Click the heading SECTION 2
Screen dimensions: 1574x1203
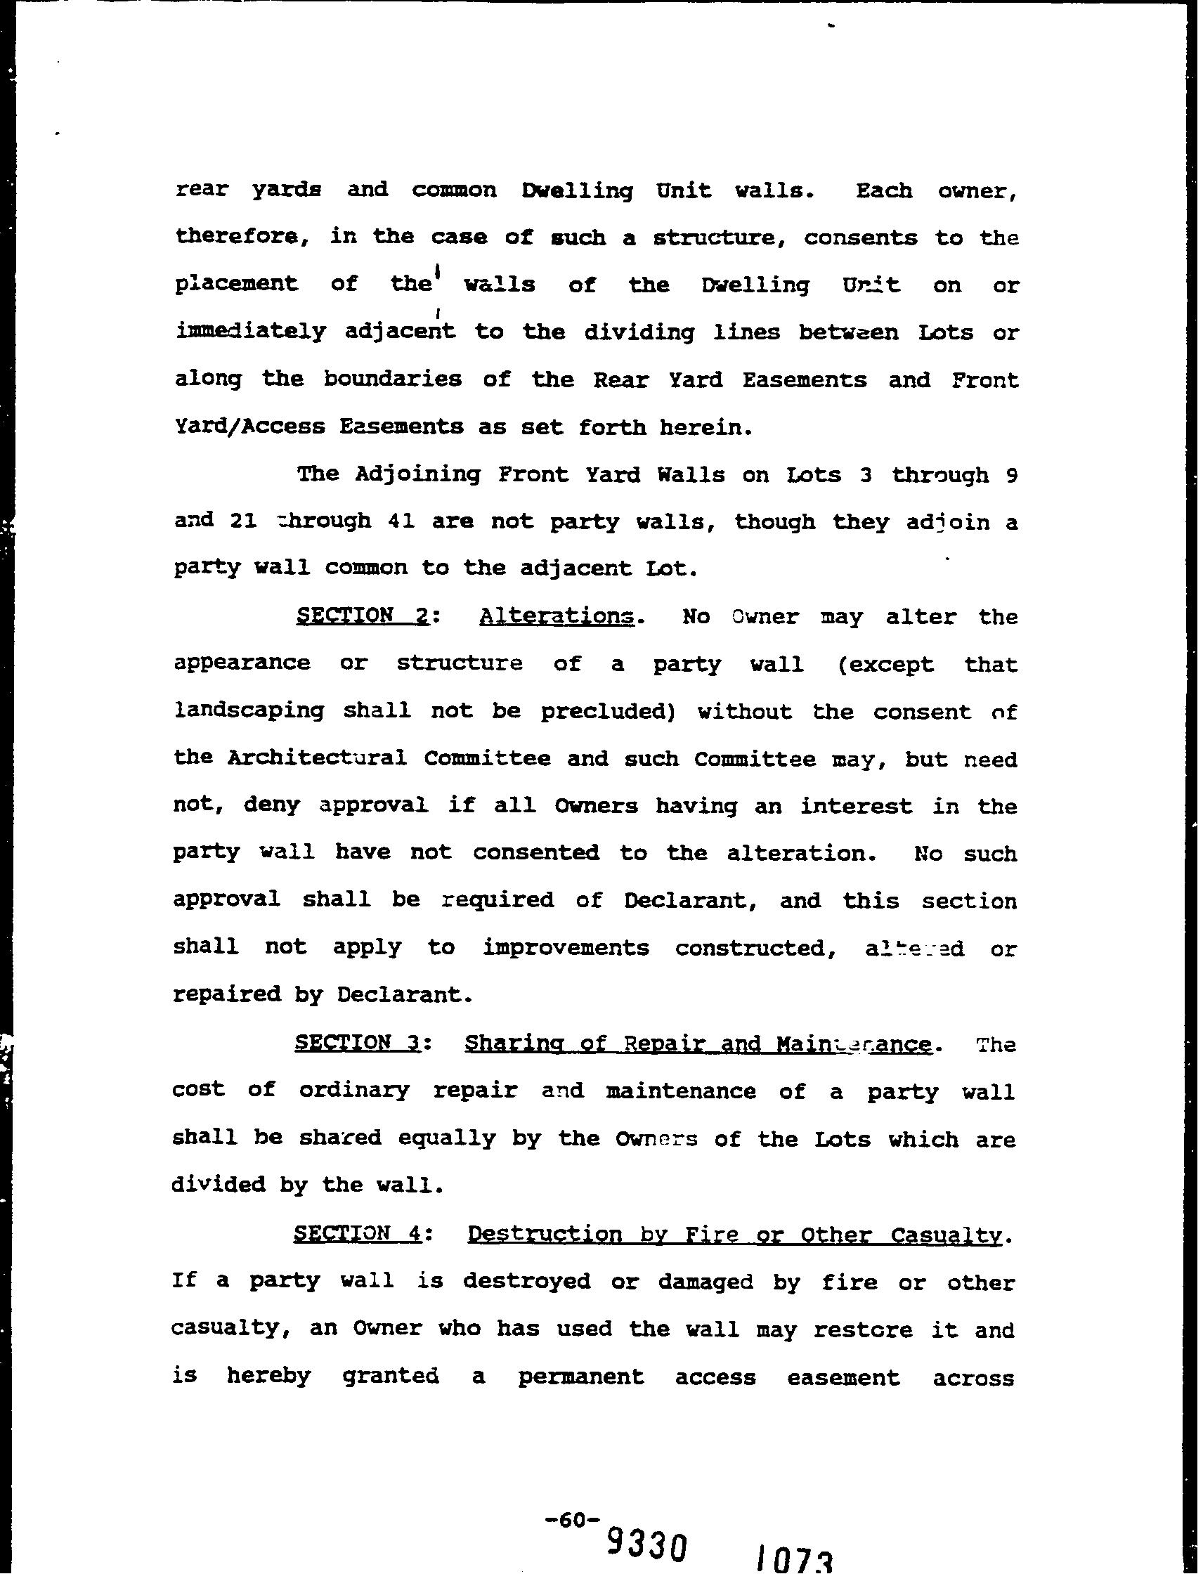pos(363,616)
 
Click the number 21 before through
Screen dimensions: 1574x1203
pos(244,521)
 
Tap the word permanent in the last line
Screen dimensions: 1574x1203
pos(580,1377)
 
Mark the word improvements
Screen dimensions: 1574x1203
pos(566,947)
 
